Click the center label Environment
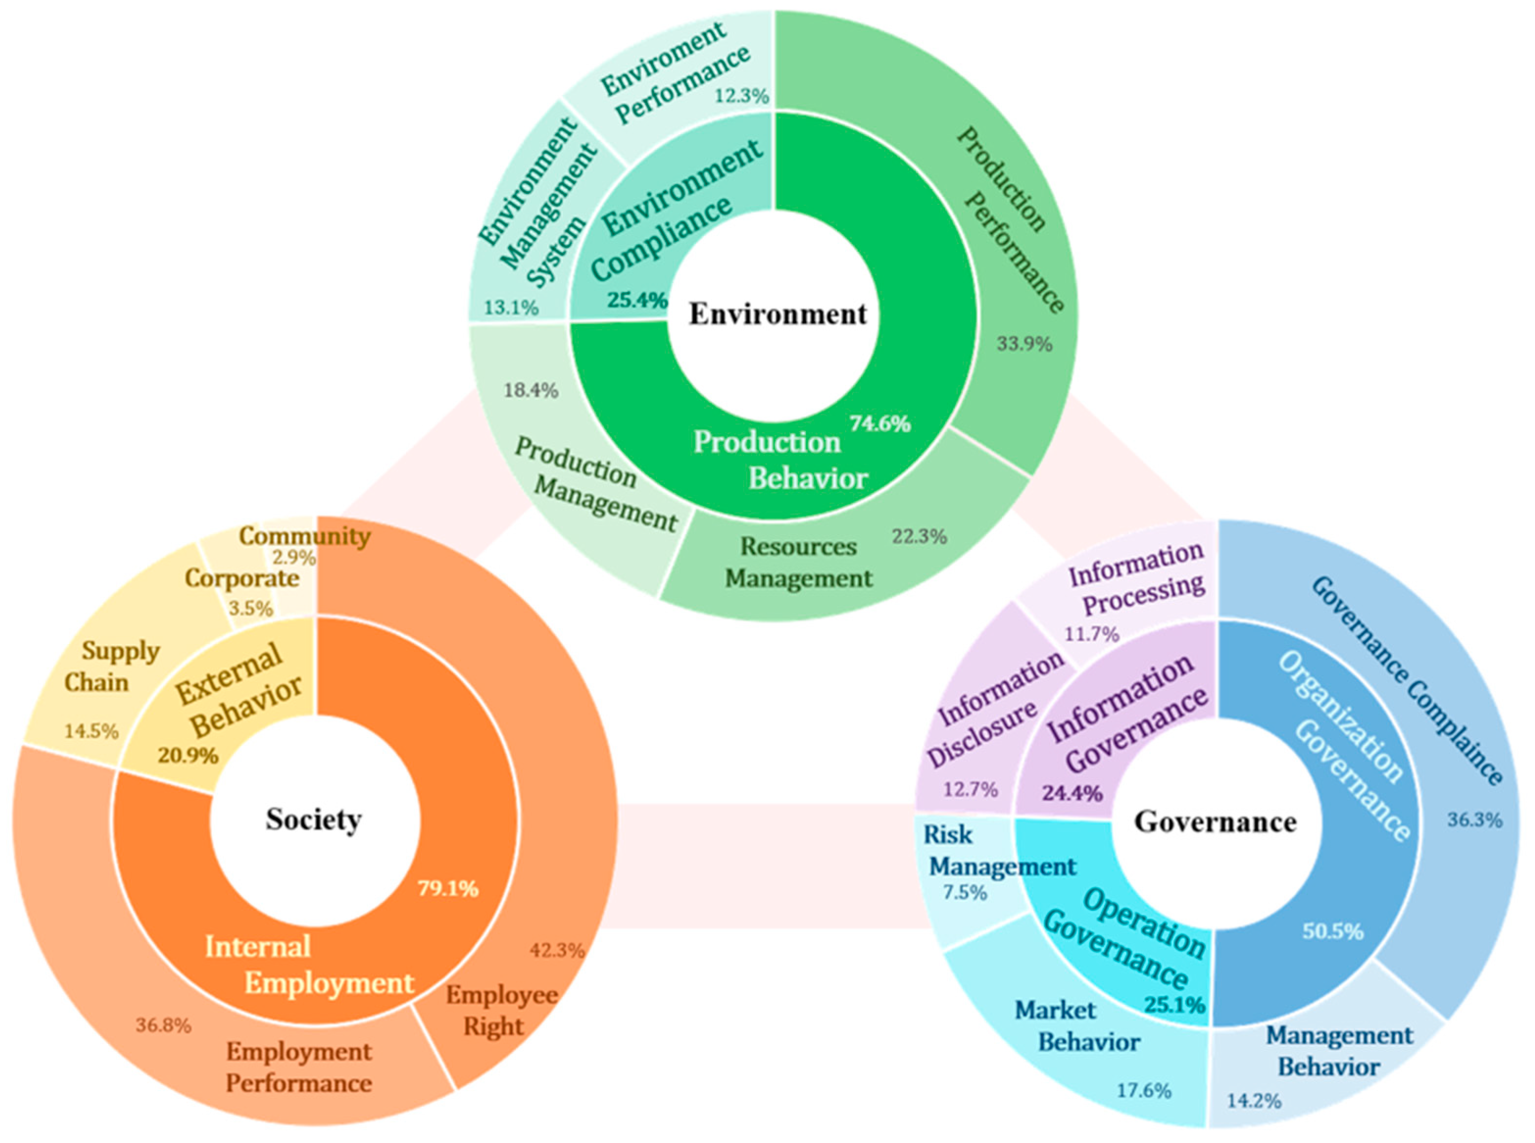pos(777,314)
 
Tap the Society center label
pos(314,820)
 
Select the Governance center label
pos(1215,822)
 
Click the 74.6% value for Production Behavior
pos(879,423)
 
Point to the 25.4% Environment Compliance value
pos(637,300)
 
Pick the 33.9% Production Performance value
pos(1024,343)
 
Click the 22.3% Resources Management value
pos(919,536)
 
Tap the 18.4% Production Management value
pos(531,390)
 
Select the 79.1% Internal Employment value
pos(448,888)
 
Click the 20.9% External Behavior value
pos(188,755)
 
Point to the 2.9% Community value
pos(294,558)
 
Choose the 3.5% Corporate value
pos(250,608)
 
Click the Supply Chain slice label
pos(111,667)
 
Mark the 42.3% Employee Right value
pos(557,951)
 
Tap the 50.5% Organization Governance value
pos(1333,931)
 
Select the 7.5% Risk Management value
pos(965,893)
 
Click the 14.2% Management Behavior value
pos(1254,1100)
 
